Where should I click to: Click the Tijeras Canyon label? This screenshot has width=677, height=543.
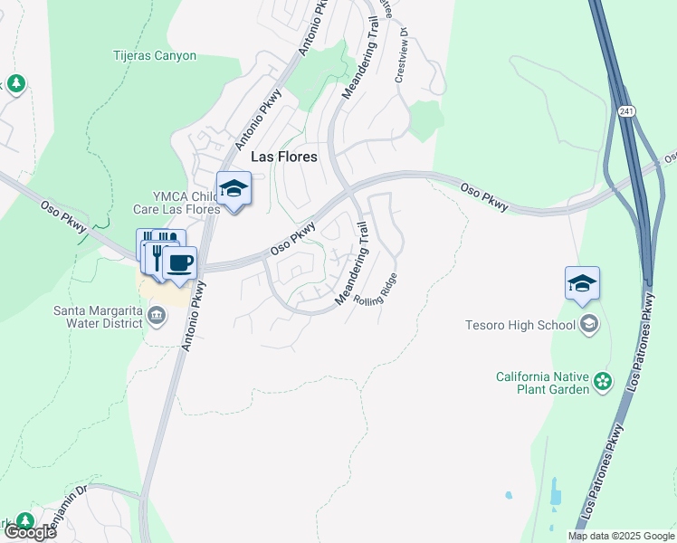(x=155, y=55)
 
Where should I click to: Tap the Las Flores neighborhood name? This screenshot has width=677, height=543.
(x=283, y=157)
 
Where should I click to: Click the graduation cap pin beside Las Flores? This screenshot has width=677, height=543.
(x=234, y=189)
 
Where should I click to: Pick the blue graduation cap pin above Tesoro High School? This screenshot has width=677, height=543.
(x=582, y=284)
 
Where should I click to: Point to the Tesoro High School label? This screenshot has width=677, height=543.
(x=520, y=325)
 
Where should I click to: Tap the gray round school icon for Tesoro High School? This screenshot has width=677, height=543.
(x=589, y=324)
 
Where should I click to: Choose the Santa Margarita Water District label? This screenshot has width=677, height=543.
(x=99, y=316)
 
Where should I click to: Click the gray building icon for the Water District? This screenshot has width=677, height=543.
(x=157, y=316)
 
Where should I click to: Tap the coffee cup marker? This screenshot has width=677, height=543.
(x=179, y=263)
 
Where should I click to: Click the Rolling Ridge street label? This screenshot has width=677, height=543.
(x=375, y=297)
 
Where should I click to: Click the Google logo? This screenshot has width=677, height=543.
(x=29, y=532)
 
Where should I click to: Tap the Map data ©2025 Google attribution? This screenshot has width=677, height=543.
(x=622, y=536)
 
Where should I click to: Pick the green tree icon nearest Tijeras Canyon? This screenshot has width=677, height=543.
(x=16, y=84)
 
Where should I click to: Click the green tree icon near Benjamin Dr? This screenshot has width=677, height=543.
(x=25, y=520)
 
